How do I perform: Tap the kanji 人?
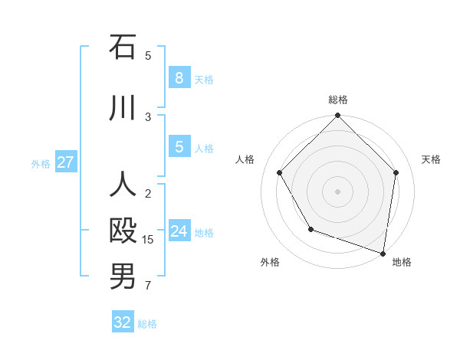[x=123, y=186]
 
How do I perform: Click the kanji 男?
[x=123, y=277]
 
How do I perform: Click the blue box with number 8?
[x=179, y=78]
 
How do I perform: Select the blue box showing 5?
[x=179, y=147]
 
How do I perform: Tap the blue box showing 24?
[x=179, y=231]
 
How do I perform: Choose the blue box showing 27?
[x=66, y=162]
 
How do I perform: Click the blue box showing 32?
[x=123, y=322]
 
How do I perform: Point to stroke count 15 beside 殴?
[x=148, y=240]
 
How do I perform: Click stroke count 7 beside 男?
[x=148, y=286]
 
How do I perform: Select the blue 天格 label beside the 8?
[x=204, y=79]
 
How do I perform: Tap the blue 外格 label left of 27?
[x=41, y=163]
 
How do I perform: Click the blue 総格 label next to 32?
[x=147, y=324]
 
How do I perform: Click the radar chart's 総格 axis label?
[x=337, y=100]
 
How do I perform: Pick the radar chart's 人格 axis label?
[x=245, y=159]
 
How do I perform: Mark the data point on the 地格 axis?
[x=383, y=253]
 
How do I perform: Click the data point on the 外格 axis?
[x=310, y=229]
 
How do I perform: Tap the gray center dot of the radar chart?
[x=337, y=191]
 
